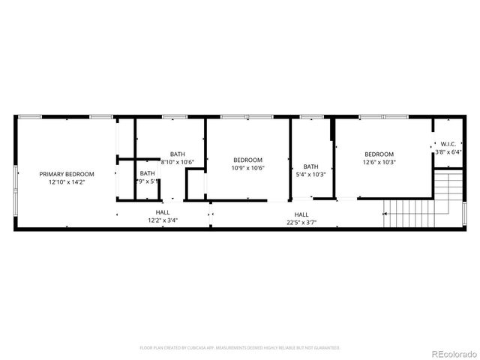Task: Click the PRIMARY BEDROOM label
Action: pos(67,174)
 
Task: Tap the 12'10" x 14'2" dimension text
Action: pos(67,182)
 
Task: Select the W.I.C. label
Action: pos(448,144)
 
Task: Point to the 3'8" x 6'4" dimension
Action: pos(448,152)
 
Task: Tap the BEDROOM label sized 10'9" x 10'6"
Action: pos(247,160)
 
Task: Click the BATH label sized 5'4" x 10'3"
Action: pos(310,166)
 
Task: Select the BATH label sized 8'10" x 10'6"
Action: pos(178,154)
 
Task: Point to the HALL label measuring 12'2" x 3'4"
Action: pos(163,213)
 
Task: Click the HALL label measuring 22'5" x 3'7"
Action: pos(301,214)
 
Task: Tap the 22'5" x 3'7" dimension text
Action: pos(301,222)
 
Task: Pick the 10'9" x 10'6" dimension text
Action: pos(247,168)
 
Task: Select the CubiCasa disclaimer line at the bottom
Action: pos(240,348)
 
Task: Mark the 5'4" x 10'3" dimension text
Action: pos(310,175)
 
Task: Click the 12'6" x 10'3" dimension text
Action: pos(379,162)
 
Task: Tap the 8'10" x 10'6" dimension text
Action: pos(178,162)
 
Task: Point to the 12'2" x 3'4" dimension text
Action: pos(163,221)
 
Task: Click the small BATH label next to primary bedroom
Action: pos(147,173)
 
